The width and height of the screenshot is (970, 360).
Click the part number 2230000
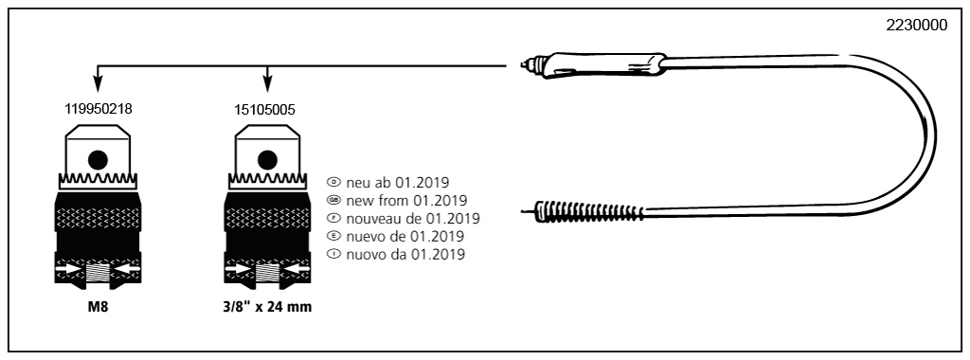pyautogui.click(x=916, y=26)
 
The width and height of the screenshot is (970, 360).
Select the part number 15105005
pyautogui.click(x=264, y=109)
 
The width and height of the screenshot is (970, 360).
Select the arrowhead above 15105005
pyautogui.click(x=268, y=86)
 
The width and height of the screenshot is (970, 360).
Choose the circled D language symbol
pyautogui.click(x=332, y=181)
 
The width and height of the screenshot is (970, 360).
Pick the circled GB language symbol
pyautogui.click(x=332, y=200)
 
